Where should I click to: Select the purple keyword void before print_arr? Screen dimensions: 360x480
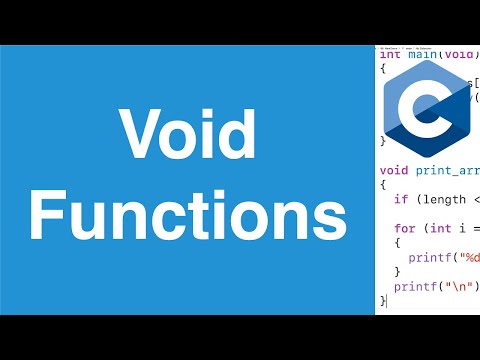[x=394, y=169]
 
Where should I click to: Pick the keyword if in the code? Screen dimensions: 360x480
[x=399, y=199]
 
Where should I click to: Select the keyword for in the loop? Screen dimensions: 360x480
[x=403, y=228]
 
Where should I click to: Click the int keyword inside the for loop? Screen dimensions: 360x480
[x=433, y=228]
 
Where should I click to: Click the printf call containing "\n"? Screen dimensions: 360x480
[x=413, y=286]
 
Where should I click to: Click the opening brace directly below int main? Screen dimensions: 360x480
[x=383, y=69]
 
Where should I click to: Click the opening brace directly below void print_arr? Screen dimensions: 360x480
[x=383, y=184]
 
